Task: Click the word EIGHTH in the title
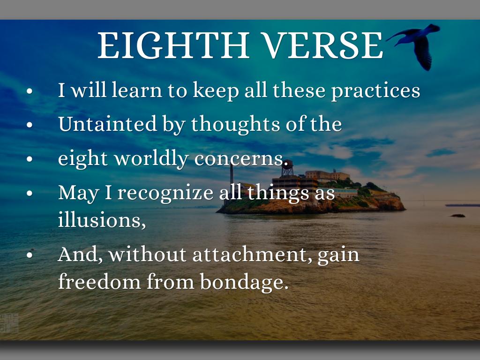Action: pos(173,45)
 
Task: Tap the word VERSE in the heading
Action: pos(323,45)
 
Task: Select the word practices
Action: pos(376,91)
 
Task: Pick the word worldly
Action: pos(151,158)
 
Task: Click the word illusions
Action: pos(102,219)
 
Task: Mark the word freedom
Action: pos(99,281)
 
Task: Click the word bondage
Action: pos(244,282)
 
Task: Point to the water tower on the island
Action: pos(287,168)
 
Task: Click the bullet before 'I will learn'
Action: pos(30,91)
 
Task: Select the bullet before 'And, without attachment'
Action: pos(30,255)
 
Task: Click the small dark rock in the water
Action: pos(458,216)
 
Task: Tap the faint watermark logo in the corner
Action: pos(9,323)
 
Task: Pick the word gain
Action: pos(338,255)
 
